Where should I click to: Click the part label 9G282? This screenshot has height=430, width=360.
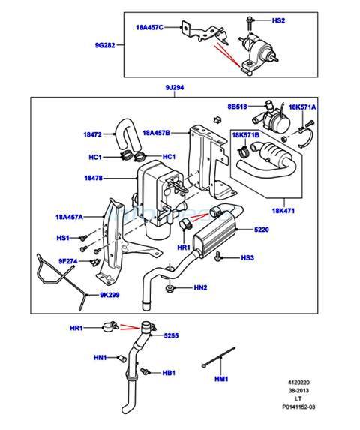(x=105, y=45)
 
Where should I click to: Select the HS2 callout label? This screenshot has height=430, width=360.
(x=278, y=20)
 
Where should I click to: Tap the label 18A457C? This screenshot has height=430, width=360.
(x=149, y=27)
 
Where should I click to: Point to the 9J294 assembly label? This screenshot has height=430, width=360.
(x=175, y=88)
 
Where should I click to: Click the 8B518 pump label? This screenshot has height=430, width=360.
(x=237, y=107)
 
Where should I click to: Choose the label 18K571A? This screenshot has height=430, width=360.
(x=302, y=107)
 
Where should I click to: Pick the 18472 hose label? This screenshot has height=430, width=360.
(x=92, y=134)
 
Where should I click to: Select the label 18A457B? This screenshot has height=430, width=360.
(x=156, y=133)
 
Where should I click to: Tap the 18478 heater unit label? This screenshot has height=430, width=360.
(x=94, y=178)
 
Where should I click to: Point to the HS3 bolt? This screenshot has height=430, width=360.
(x=217, y=256)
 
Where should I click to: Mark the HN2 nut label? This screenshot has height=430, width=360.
(x=200, y=287)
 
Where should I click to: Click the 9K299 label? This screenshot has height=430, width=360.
(x=109, y=296)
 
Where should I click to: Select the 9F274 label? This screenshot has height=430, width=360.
(x=68, y=261)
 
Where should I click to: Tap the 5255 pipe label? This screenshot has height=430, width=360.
(x=171, y=335)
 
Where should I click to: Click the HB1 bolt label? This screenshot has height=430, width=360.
(x=169, y=373)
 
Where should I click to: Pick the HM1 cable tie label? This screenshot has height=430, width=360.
(x=221, y=379)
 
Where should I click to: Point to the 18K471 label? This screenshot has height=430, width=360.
(x=283, y=211)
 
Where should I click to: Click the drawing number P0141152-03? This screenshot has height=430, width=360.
(x=299, y=407)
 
